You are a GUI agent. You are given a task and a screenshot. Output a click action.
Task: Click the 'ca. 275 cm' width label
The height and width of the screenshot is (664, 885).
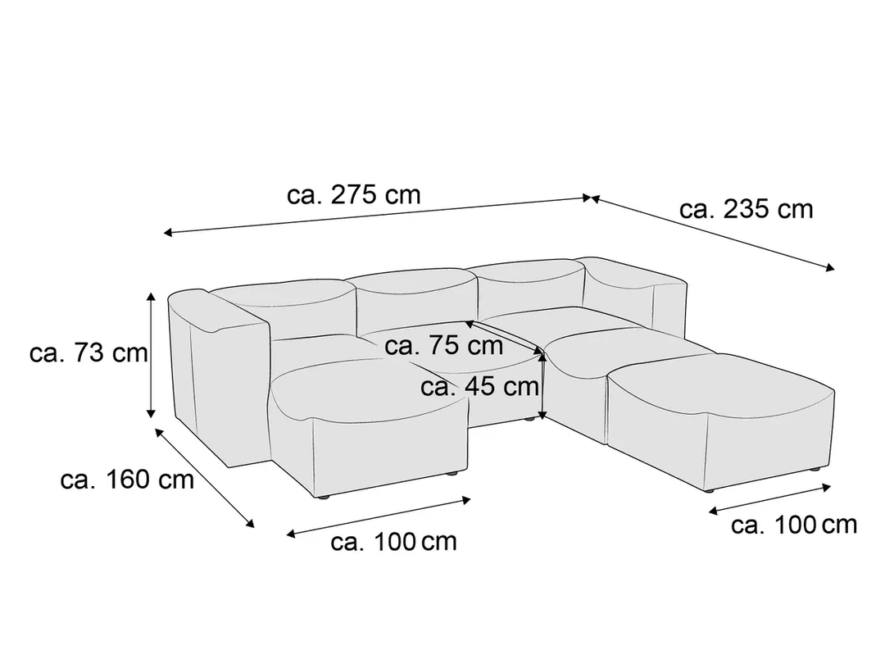[354, 195]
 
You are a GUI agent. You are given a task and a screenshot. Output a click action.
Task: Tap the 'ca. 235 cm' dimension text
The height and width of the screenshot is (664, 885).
[747, 210]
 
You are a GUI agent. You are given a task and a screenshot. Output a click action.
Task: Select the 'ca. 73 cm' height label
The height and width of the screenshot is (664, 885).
[88, 352]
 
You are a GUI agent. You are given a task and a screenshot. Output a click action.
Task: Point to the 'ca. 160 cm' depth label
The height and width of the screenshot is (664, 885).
[127, 480]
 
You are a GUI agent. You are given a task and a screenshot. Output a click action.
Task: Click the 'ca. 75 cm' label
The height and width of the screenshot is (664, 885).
[443, 346]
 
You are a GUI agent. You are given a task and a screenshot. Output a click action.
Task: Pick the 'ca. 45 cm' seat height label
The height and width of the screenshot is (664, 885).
[479, 387]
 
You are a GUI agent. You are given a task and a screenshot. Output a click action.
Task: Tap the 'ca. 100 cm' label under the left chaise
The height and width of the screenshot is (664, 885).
[393, 542]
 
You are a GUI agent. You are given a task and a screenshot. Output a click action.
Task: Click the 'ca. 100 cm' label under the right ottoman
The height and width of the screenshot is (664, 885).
[793, 525]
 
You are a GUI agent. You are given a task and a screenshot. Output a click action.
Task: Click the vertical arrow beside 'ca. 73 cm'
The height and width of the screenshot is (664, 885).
[151, 355]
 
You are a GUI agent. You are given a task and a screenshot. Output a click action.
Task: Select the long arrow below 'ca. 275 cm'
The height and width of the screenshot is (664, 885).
[377, 215]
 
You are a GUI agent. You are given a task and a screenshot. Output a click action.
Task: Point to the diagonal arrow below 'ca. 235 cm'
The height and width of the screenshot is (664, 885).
[713, 234]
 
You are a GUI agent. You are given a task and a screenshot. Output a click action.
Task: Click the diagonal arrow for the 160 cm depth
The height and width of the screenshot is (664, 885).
[204, 478]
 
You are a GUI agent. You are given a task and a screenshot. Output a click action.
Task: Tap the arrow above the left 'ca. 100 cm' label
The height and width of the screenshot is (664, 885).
[378, 516]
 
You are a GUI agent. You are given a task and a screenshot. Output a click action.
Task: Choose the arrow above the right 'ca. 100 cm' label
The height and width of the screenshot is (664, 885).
[769, 499]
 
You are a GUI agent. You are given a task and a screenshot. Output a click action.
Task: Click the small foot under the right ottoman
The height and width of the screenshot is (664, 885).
[815, 469]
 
